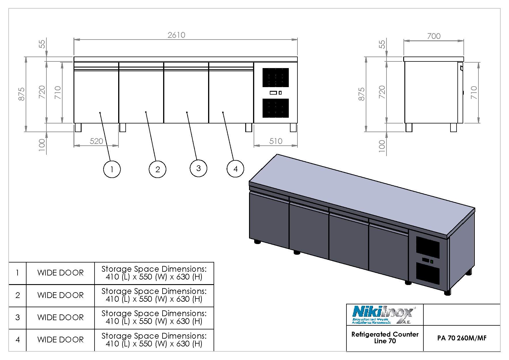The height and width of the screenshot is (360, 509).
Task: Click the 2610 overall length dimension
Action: pos(176,35)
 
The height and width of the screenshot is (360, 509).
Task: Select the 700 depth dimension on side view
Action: pos(434,36)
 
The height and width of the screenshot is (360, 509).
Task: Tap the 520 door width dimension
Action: pos(96,141)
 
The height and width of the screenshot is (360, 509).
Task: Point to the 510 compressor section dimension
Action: pos(276,141)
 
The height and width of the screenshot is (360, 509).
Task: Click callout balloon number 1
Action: pos(112,169)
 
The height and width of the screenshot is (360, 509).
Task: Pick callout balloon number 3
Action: pos(198,168)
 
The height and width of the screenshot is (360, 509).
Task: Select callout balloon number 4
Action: pos(235,169)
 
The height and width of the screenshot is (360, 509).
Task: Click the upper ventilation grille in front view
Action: pos(276,77)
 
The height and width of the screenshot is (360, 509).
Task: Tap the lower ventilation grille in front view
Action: pos(276,108)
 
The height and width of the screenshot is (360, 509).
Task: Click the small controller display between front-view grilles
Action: pos(274,93)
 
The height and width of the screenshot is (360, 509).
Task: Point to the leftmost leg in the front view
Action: pos(78,127)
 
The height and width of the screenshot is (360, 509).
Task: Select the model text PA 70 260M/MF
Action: pos(462,338)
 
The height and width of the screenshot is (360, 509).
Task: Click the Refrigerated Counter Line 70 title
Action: pos(385,337)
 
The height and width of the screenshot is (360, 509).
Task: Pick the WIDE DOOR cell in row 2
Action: pos(61,295)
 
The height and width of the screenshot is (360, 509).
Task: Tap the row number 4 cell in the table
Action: pos(18,340)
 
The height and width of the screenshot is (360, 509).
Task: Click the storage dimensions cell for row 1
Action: pos(154,273)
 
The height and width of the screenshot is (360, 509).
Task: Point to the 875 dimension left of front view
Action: pos(22,94)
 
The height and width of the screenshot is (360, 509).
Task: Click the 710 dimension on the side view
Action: pos(474,92)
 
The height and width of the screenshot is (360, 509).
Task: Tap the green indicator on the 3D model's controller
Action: pos(431,262)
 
